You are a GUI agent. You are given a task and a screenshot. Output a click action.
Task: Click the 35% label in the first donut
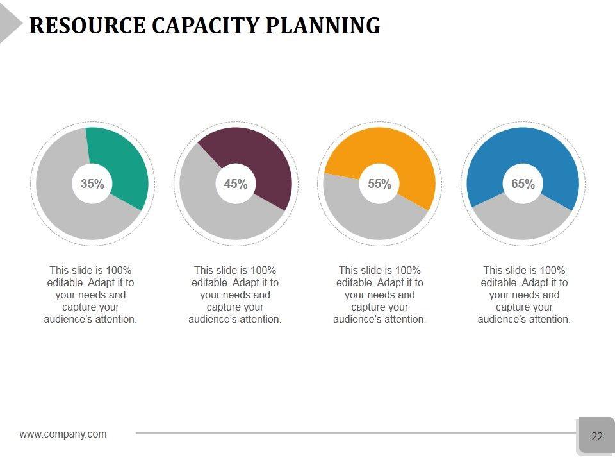(x=92, y=184)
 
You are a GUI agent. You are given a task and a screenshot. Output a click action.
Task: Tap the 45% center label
(x=236, y=184)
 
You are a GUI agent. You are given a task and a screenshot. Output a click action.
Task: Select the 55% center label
(x=379, y=184)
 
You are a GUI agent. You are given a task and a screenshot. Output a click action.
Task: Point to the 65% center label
(x=523, y=184)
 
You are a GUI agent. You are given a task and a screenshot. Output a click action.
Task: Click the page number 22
(x=596, y=436)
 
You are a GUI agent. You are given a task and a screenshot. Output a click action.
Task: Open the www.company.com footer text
(x=63, y=434)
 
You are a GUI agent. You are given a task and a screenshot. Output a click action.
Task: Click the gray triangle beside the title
(x=9, y=26)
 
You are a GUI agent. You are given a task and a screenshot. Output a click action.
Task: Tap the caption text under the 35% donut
(x=90, y=295)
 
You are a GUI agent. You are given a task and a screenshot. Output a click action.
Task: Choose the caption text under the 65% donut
(x=524, y=295)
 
